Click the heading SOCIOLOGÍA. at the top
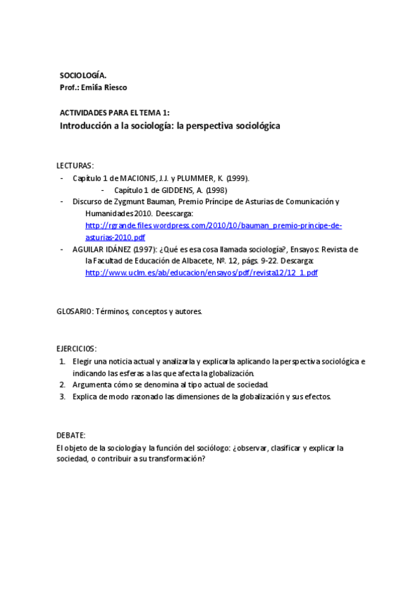pos(83,75)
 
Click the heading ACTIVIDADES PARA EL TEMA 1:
pos(114,112)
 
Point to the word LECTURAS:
pos(75,166)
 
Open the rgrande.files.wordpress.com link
pos(213,226)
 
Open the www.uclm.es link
pos(201,273)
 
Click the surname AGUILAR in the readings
pos(89,249)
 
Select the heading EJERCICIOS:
pos(76,348)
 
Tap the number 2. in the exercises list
pos(62,385)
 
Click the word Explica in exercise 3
pos(86,396)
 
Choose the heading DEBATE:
pos(71,435)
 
